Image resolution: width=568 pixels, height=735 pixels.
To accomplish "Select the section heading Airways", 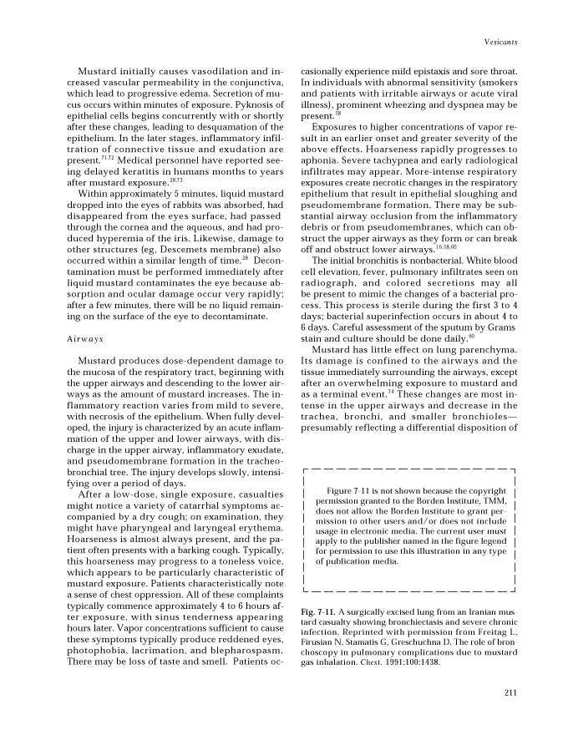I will [84, 363].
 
